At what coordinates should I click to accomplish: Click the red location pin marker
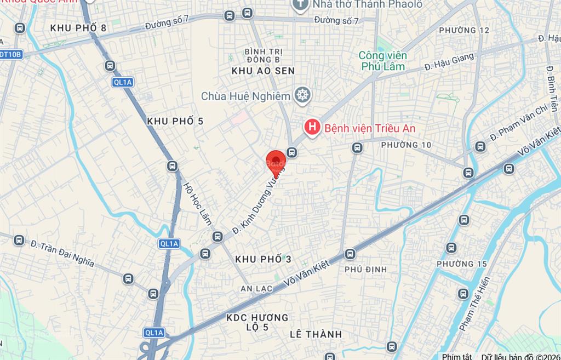click(276, 161)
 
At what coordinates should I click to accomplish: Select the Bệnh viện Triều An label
click(370, 128)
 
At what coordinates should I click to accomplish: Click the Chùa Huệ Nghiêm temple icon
click(301, 95)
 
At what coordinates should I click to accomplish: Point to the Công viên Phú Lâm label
click(383, 61)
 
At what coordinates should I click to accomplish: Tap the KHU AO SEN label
click(263, 71)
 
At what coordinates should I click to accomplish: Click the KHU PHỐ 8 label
click(78, 27)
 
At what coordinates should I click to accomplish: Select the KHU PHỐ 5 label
click(175, 121)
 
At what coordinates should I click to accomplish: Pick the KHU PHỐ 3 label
click(263, 259)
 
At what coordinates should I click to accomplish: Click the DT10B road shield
click(11, 54)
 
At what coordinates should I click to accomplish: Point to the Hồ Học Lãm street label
click(197, 203)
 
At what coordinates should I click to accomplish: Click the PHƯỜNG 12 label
click(464, 30)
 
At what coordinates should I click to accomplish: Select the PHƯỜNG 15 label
click(462, 264)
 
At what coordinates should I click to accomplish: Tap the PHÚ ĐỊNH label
click(365, 269)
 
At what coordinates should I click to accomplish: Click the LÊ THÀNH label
click(316, 334)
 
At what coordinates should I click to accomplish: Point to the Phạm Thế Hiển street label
click(474, 304)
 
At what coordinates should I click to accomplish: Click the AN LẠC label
click(256, 289)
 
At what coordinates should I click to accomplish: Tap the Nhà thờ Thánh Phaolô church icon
click(300, 5)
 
